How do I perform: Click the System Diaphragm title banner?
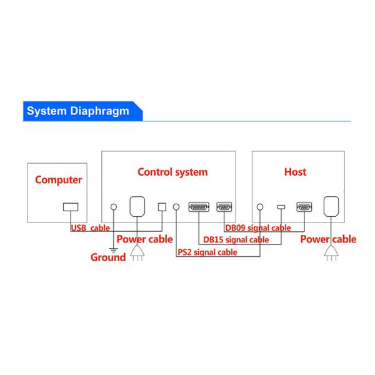point(78,111)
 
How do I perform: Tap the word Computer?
point(58,181)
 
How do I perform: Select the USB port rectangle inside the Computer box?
point(70,207)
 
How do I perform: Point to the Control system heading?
point(172,172)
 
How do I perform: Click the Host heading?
point(295,172)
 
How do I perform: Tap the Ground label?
point(108,256)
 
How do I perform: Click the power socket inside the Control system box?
point(137,206)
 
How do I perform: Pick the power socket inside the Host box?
point(331,206)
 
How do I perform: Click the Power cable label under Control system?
point(145,239)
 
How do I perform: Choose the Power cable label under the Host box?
point(328,239)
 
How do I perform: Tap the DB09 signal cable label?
point(257,228)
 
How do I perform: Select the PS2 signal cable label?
point(207,252)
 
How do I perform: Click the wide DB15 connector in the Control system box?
point(198,207)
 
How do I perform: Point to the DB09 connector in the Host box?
point(304,207)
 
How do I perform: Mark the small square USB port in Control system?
point(162,207)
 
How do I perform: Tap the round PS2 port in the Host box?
point(259,207)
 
